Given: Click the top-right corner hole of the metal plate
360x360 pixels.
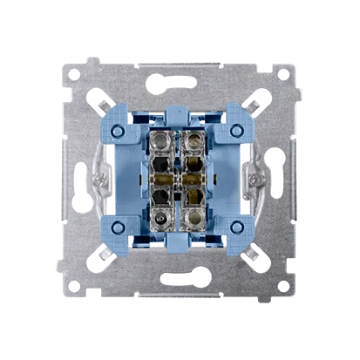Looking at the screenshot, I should [x=282, y=75].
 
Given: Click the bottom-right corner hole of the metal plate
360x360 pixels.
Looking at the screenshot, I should [x=282, y=284].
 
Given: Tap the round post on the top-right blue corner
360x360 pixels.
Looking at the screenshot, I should [x=235, y=130].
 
